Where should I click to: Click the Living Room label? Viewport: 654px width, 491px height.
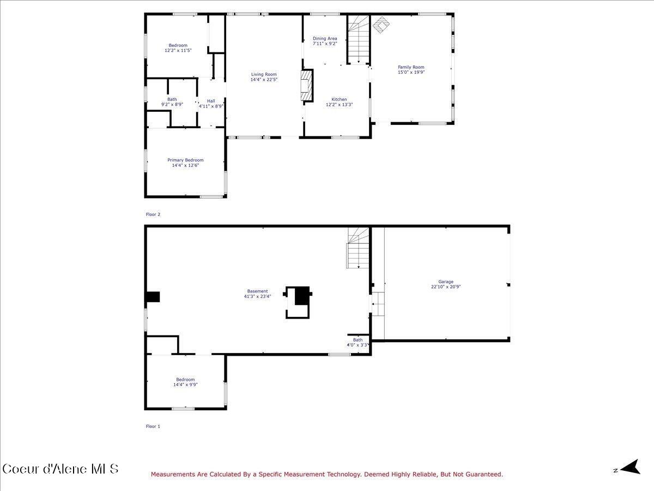point(264,74)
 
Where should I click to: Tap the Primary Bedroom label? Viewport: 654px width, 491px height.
point(185,160)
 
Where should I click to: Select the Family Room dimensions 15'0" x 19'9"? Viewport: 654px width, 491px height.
point(411,72)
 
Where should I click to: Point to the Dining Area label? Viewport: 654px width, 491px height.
point(325,39)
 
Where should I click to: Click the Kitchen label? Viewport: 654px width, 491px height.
point(339,99)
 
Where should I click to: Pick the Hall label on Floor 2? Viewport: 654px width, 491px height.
point(211,101)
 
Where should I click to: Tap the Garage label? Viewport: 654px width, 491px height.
point(446,282)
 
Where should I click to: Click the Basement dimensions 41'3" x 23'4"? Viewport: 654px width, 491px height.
point(257,297)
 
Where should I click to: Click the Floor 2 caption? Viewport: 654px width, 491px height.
point(153,214)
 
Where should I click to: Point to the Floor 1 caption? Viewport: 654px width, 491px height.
point(153,426)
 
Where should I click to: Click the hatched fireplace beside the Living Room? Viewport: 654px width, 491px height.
point(308,85)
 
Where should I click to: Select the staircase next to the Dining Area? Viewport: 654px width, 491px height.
point(359,39)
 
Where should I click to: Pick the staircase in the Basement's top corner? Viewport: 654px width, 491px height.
point(358,248)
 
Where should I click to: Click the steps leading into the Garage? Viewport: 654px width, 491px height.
point(378,304)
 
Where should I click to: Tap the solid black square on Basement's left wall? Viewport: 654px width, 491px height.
point(153,297)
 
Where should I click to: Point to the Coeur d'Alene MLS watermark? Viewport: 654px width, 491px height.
point(60,469)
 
